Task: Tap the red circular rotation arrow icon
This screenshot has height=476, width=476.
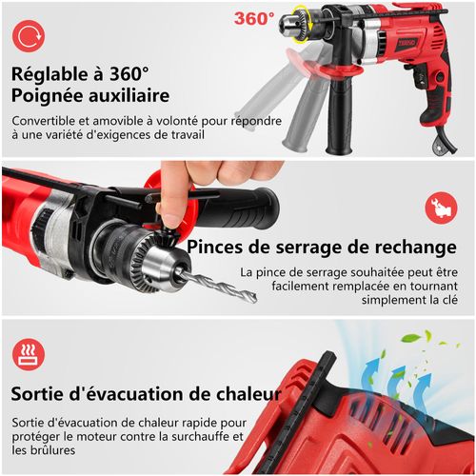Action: pos(26,37)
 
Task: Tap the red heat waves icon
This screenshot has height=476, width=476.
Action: pos(26,355)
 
